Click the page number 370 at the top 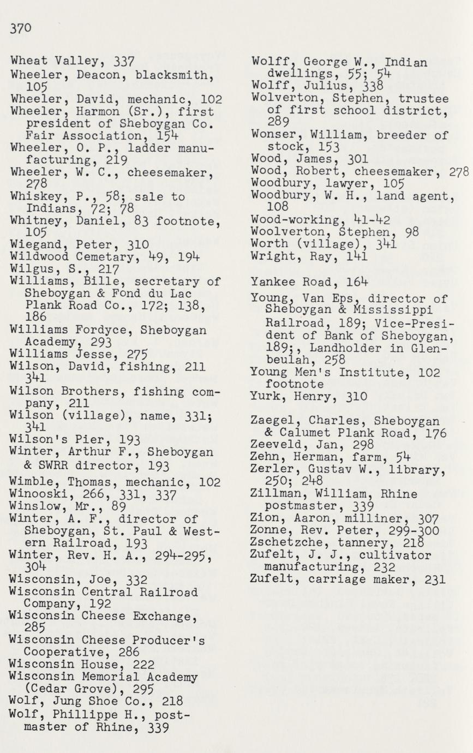21,28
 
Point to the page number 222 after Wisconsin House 143,665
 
